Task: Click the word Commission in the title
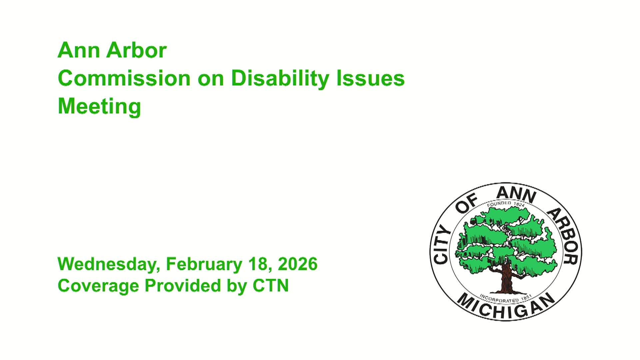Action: coord(124,78)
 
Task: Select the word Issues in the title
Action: coord(370,78)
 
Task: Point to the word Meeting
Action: coord(99,106)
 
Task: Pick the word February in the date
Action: coord(204,264)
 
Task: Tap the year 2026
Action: coord(297,264)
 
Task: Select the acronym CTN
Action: coord(270,286)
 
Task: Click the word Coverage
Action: coord(98,286)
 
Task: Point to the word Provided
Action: coord(183,286)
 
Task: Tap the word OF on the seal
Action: coord(466,204)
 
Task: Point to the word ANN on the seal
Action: coord(516,194)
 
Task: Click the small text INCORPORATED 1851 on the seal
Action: coord(506,298)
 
